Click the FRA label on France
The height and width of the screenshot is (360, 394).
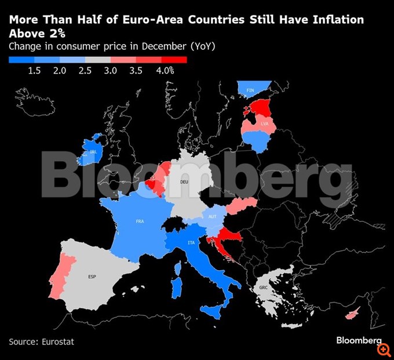tap(140, 221)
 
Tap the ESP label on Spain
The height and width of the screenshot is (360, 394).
tap(92, 277)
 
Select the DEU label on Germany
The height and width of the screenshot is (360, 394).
tap(184, 181)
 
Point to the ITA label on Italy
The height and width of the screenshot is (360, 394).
tap(191, 242)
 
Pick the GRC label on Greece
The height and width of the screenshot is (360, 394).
tap(264, 288)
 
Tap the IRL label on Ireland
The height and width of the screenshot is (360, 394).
tap(93, 152)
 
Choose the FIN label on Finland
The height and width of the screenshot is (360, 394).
tap(250, 90)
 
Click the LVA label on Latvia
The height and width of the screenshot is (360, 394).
tap(265, 124)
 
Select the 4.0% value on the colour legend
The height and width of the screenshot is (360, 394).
tap(165, 70)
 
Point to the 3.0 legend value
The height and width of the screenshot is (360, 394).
tap(111, 70)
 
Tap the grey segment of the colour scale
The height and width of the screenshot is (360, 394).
tap(98, 59)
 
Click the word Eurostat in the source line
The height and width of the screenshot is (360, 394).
tap(58, 341)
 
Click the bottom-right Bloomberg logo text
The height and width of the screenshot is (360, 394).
tap(359, 339)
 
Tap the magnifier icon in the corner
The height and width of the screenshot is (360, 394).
tap(383, 350)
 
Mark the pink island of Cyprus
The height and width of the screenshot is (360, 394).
tap(351, 315)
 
